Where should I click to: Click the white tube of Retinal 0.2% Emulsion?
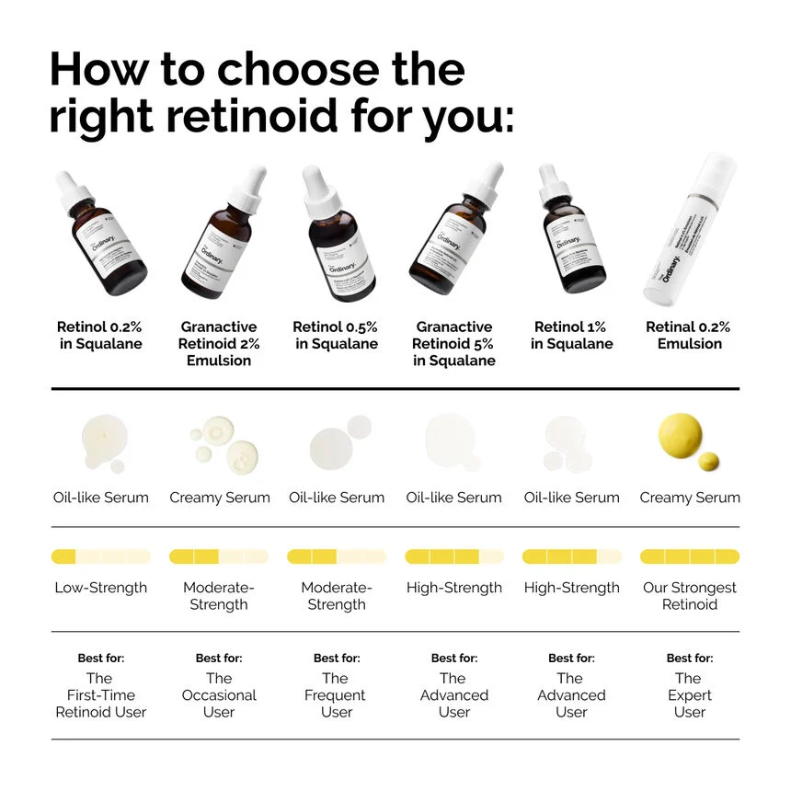click(x=691, y=235)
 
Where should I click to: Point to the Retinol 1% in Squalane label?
click(x=571, y=335)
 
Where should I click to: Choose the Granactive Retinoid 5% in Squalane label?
click(x=453, y=343)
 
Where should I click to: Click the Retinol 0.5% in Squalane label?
click(x=336, y=335)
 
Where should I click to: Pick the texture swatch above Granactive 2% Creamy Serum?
click(x=221, y=442)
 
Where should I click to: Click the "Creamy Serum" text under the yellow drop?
click(x=690, y=498)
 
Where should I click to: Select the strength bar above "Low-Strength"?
click(x=101, y=556)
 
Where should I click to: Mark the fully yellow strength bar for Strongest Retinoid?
click(x=690, y=556)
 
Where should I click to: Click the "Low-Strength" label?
click(x=101, y=588)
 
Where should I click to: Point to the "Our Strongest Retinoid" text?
click(x=690, y=596)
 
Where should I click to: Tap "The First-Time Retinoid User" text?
click(x=101, y=695)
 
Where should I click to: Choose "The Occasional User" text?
click(x=219, y=695)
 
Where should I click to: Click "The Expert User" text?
click(x=689, y=695)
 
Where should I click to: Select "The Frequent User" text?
click(x=336, y=695)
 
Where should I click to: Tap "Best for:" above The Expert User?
click(x=689, y=659)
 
